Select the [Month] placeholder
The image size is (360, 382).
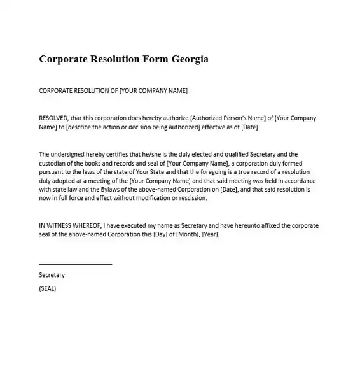(189, 234)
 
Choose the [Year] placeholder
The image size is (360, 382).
(211, 234)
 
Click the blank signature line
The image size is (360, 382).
(75, 263)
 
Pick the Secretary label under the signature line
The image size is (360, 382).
(52, 275)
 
